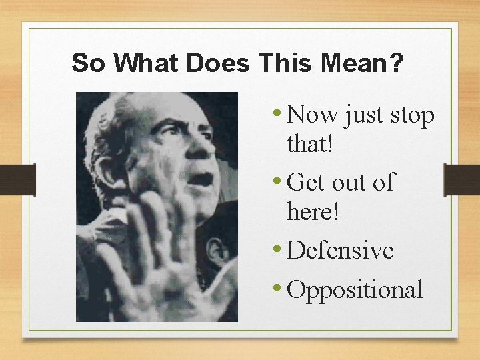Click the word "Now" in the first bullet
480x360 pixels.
pos(314,115)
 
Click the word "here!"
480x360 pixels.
pos(313,211)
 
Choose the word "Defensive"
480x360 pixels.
pos(341,250)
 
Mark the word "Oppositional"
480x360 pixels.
pos(357,289)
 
